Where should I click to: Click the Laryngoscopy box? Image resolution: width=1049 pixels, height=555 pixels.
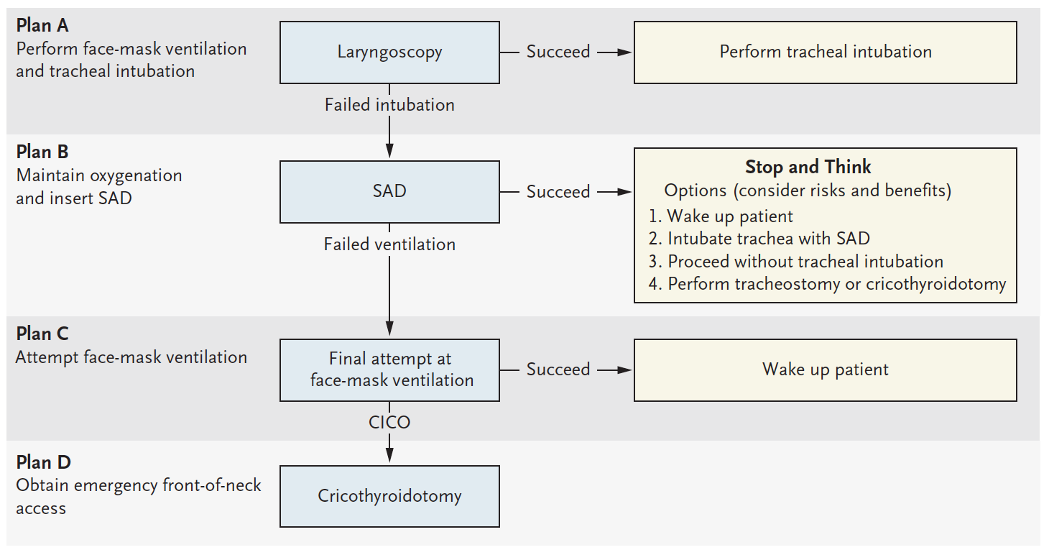(x=389, y=52)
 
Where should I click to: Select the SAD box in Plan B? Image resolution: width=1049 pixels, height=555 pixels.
(x=389, y=191)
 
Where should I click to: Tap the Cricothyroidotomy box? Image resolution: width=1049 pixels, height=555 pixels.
(x=389, y=496)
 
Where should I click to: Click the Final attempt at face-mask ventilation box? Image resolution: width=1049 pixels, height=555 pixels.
(x=389, y=370)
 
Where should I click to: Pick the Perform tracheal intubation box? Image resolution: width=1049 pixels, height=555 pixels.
(x=825, y=52)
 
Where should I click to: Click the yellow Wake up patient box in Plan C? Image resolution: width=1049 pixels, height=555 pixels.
(x=825, y=370)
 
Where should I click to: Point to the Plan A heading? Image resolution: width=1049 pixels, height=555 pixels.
(x=42, y=26)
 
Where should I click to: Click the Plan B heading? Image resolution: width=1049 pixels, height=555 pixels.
(x=42, y=152)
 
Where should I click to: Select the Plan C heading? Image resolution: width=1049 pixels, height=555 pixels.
(x=42, y=334)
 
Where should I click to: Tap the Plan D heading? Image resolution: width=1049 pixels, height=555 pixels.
(x=43, y=462)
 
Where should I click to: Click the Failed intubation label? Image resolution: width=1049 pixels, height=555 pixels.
(x=389, y=105)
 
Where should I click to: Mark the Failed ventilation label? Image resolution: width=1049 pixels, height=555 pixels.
(x=389, y=244)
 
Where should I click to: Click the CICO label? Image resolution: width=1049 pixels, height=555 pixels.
(x=389, y=422)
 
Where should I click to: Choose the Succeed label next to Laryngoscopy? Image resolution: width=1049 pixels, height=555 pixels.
(x=558, y=52)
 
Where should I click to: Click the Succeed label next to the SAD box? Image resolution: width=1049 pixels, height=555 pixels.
(x=558, y=192)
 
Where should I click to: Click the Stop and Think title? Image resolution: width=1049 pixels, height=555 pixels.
(x=808, y=168)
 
